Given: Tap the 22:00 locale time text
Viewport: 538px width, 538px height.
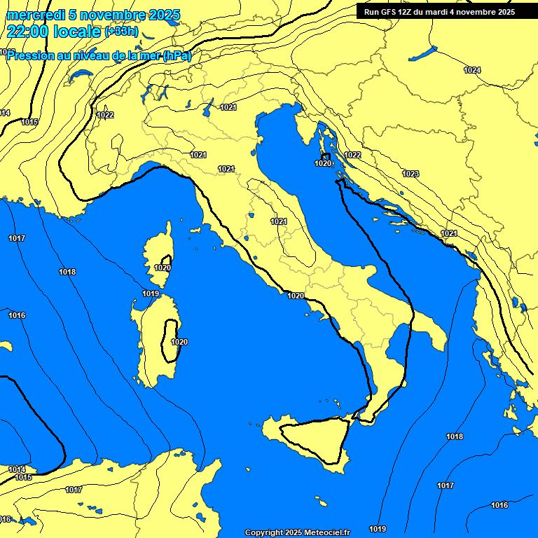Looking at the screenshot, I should (x=53, y=32).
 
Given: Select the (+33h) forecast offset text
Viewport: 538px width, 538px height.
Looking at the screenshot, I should (x=121, y=32).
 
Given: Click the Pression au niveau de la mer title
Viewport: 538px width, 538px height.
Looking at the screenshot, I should (x=98, y=55).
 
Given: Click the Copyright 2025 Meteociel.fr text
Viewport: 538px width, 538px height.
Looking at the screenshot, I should (x=297, y=532).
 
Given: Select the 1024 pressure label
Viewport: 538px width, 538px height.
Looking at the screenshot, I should (x=472, y=70).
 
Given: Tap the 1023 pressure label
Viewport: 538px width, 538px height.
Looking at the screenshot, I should (x=411, y=174).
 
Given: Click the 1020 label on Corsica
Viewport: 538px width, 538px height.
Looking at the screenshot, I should (x=163, y=268).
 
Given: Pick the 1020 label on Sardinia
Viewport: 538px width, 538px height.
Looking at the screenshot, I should (x=179, y=342).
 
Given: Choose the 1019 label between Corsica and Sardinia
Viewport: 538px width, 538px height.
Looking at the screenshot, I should (x=151, y=294).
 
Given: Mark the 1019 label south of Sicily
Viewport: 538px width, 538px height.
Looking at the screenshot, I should (x=378, y=529).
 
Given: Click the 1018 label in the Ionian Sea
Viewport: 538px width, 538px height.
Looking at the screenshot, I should (x=455, y=436).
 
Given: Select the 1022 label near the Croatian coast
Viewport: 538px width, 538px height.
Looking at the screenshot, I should (x=352, y=155).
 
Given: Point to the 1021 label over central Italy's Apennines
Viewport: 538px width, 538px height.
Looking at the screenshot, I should (x=279, y=221).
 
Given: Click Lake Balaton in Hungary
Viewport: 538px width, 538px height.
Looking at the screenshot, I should (x=423, y=53).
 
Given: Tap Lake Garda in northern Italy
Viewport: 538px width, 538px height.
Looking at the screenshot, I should (x=208, y=106).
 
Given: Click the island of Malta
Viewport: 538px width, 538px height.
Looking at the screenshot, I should (x=322, y=503).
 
